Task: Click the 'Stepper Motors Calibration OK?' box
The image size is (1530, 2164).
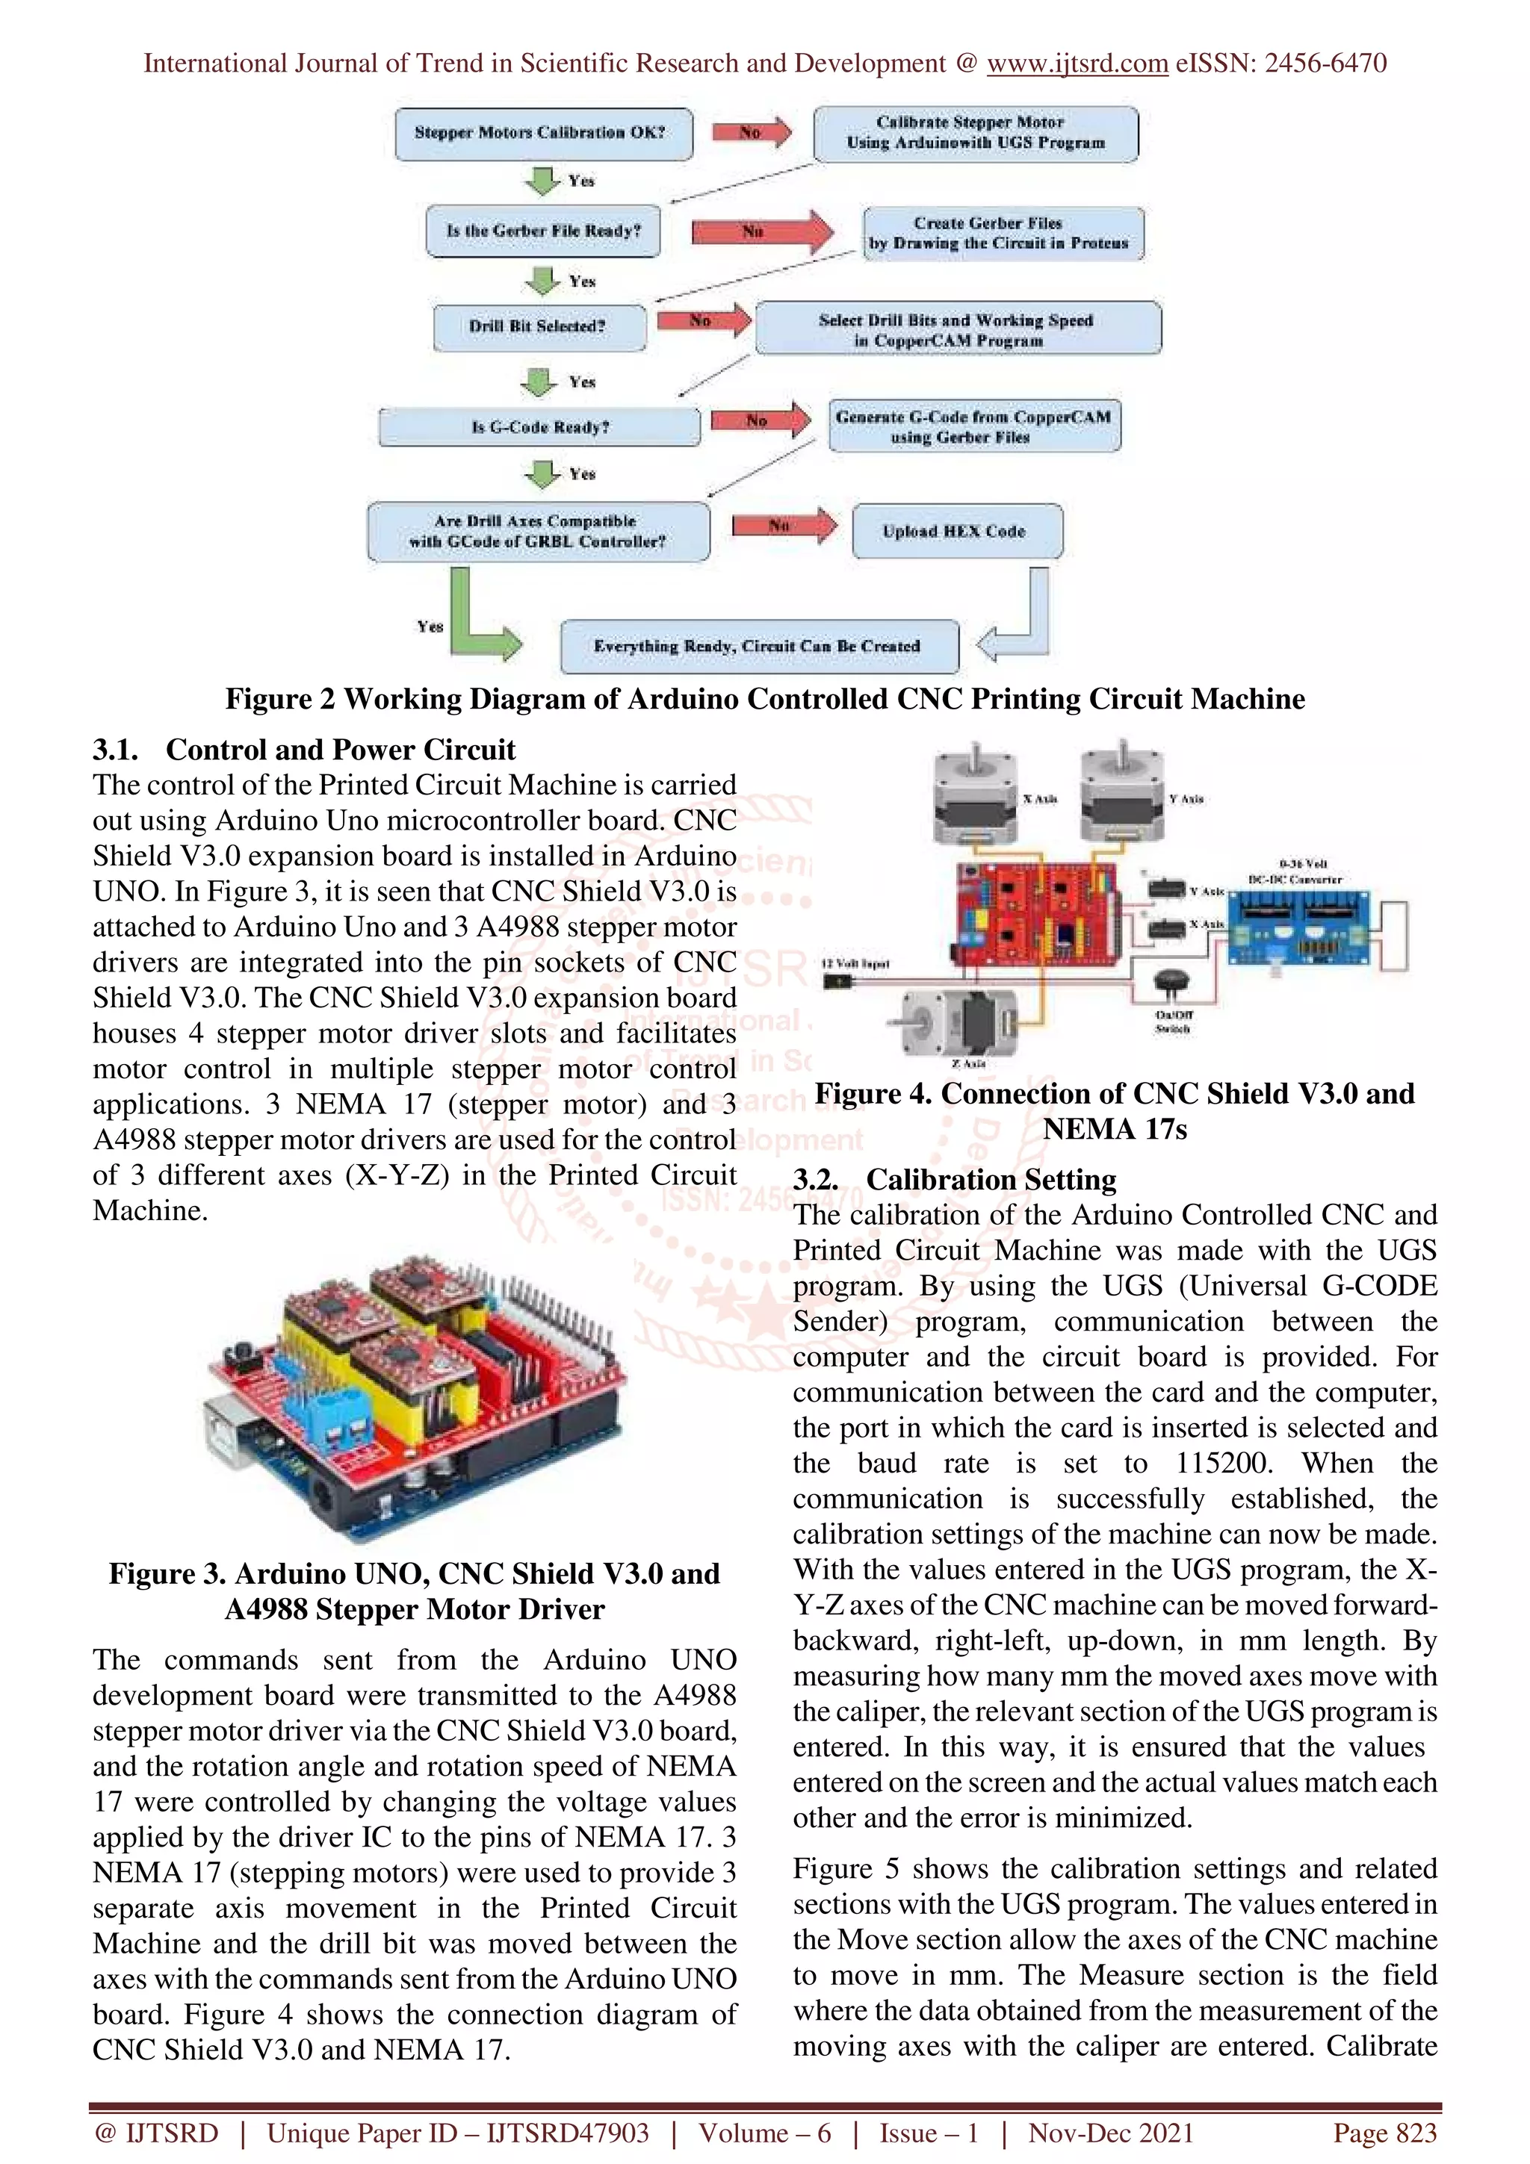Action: click(543, 133)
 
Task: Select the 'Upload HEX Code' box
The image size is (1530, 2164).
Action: click(956, 532)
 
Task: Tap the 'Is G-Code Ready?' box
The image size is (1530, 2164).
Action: click(539, 427)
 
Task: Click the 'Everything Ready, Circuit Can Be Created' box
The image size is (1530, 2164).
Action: click(758, 647)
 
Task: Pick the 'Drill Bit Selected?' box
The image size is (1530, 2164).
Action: click(539, 326)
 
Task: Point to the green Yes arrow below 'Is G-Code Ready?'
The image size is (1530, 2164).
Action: click(543, 473)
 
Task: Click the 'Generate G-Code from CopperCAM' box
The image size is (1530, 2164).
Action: click(974, 427)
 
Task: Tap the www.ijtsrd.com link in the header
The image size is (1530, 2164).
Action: click(1077, 63)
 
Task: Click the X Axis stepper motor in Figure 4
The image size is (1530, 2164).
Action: click(975, 795)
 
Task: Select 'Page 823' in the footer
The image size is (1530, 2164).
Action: click(1384, 2133)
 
